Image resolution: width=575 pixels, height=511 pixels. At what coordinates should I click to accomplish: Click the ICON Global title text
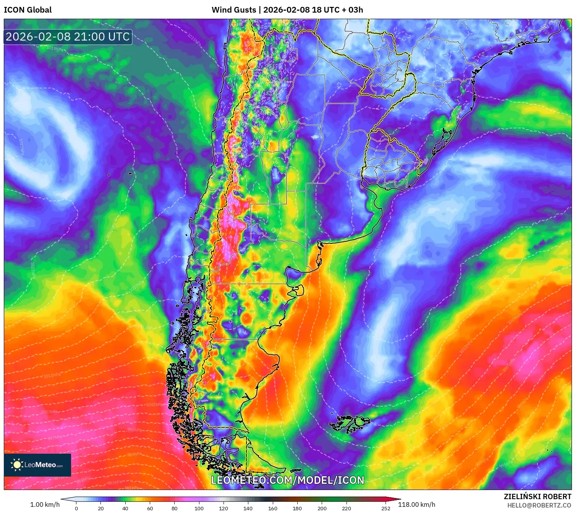pyautogui.click(x=28, y=10)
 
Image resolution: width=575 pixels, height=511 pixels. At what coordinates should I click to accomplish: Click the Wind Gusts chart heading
pyautogui.click(x=287, y=10)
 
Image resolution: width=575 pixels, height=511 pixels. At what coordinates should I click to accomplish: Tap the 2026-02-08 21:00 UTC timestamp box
pyautogui.click(x=68, y=37)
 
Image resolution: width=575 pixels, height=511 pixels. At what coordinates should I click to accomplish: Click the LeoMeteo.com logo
pyautogui.click(x=37, y=465)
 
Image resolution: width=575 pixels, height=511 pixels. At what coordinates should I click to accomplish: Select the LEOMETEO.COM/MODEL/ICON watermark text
pyautogui.click(x=288, y=480)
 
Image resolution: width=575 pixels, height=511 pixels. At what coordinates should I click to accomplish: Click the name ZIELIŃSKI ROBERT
pyautogui.click(x=537, y=496)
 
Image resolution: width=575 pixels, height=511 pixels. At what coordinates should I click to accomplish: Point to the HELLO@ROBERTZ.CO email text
pyautogui.click(x=539, y=505)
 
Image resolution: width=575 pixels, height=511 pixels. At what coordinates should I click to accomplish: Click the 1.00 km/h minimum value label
pyautogui.click(x=45, y=505)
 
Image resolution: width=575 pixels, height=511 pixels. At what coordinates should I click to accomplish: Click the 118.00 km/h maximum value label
pyautogui.click(x=416, y=505)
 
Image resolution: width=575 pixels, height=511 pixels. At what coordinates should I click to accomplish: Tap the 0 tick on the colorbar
pyautogui.click(x=76, y=508)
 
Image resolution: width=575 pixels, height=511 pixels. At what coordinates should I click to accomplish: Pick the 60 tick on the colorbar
pyautogui.click(x=150, y=508)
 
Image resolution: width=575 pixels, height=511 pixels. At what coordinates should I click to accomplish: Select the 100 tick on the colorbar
pyautogui.click(x=199, y=508)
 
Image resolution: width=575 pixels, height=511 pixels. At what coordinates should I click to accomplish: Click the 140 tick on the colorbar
pyautogui.click(x=248, y=508)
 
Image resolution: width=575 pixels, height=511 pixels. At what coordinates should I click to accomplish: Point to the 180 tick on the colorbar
pyautogui.click(x=297, y=508)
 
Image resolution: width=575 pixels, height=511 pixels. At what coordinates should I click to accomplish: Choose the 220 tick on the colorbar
pyautogui.click(x=346, y=508)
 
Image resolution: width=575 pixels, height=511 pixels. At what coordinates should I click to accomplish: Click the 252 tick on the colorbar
pyautogui.click(x=385, y=508)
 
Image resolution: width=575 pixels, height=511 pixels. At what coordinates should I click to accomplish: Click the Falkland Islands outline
pyautogui.click(x=350, y=423)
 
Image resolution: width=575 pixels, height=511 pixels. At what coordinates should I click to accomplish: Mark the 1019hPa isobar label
pyautogui.click(x=55, y=49)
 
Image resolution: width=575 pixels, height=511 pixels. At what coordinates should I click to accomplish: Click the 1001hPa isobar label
pyautogui.click(x=154, y=404)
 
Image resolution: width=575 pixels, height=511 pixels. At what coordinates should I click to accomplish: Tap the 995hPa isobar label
pyautogui.click(x=134, y=430)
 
